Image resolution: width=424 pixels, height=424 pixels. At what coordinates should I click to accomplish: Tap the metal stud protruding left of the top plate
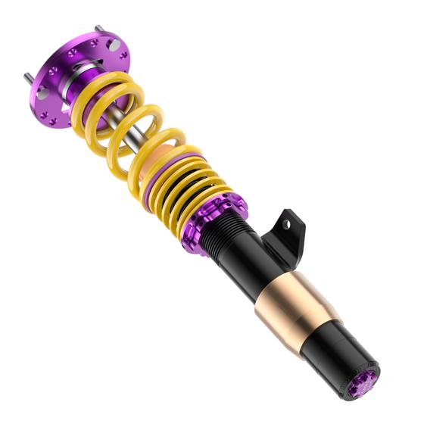pos(27,76)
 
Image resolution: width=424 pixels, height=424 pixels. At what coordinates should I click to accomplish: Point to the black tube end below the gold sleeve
pos(341,356)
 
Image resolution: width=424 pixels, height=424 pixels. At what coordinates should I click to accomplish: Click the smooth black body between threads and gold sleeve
pos(250,261)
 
